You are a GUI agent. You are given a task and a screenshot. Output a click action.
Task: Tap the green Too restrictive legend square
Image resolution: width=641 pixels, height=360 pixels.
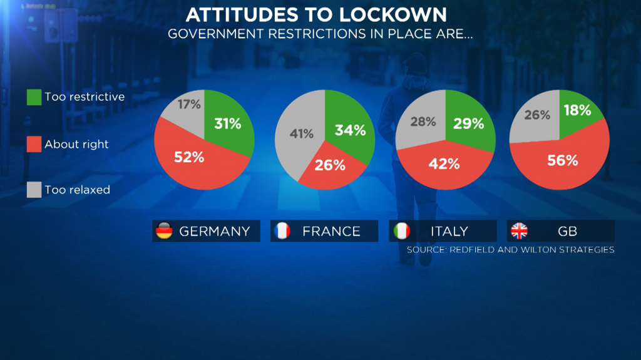coord(34,97)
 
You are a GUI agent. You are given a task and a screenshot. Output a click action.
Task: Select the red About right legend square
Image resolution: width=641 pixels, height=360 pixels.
coord(34,144)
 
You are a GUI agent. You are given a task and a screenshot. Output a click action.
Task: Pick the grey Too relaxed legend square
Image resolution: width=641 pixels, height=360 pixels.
coord(34,190)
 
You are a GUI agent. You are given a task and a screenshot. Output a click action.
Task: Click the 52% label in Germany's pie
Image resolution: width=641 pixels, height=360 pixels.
coord(189,157)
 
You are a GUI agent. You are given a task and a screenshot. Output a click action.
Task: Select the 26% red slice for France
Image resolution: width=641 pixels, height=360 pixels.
coord(330,165)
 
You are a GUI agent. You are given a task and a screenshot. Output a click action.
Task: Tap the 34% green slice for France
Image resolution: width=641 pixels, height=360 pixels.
coord(349,130)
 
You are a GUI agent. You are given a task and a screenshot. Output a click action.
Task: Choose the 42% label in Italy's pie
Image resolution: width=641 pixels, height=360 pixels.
coord(444,164)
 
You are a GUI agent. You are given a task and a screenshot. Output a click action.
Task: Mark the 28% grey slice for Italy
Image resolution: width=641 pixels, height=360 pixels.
coord(423,121)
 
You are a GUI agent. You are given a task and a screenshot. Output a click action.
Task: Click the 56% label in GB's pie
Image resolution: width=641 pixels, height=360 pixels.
coord(562,160)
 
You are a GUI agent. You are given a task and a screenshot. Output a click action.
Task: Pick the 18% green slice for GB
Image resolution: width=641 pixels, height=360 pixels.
coord(576,110)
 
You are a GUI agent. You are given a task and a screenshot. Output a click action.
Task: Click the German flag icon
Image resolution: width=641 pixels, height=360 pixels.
coord(163,231)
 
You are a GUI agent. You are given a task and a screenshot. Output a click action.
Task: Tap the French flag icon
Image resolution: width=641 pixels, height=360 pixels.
coord(282,231)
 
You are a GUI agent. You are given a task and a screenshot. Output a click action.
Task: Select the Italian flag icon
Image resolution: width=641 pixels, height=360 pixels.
coord(401,231)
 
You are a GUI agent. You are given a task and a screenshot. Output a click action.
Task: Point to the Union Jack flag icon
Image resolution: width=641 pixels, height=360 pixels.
coord(519,231)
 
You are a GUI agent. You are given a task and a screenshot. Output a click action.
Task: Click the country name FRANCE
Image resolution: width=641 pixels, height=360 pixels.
coord(331,231)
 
